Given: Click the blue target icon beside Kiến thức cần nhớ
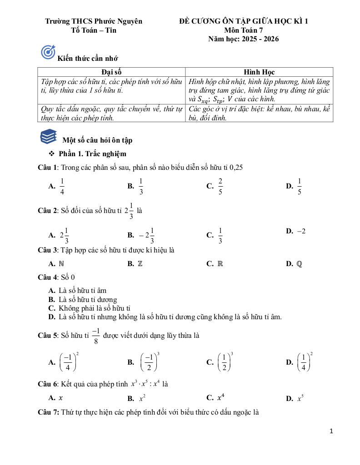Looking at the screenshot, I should coord(48,53).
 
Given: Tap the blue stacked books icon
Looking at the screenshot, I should coord(49,136).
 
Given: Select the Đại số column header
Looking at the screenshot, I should coord(111,72).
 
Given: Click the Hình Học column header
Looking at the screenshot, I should coord(259,72).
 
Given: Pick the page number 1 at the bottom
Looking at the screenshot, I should coord(331,431).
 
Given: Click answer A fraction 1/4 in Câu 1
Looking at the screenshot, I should coord(62,186).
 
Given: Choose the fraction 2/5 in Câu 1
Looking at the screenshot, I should coord(220,186).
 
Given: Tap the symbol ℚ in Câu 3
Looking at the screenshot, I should coord(299,263).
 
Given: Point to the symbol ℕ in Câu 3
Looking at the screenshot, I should coord(61,263).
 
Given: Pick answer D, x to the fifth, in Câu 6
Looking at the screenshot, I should coord(300,398).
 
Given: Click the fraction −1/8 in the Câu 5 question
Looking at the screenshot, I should coord(95,336).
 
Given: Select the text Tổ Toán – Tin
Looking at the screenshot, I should coord(94,30).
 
